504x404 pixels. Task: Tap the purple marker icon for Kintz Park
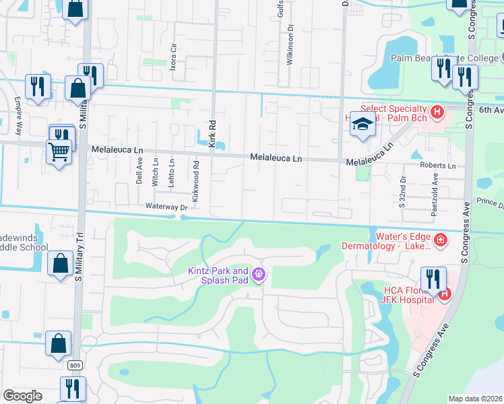(259, 275)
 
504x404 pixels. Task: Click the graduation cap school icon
(363, 125)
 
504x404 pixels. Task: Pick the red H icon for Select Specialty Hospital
(437, 112)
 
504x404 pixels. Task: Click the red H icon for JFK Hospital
(444, 294)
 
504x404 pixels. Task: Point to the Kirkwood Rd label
(195, 181)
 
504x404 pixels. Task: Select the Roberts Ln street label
(437, 166)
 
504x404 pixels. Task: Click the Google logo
(22, 396)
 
